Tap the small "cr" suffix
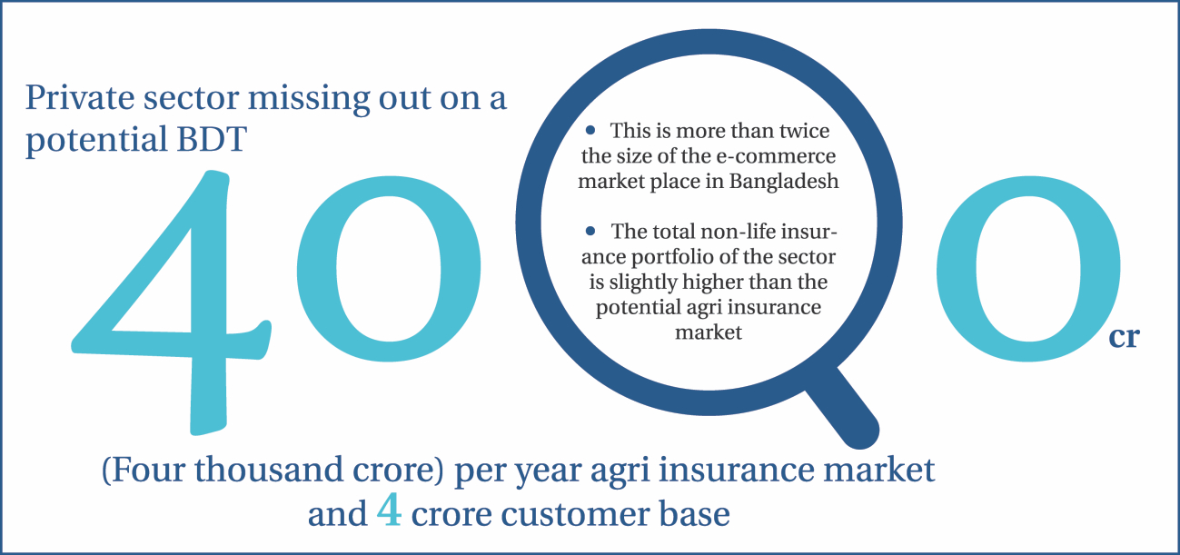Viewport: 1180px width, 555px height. [1125, 337]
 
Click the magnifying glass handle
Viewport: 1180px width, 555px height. [843, 408]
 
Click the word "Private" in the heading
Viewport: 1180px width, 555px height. [80, 97]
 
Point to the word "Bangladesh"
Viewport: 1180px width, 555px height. [784, 182]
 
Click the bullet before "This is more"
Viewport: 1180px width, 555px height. [590, 130]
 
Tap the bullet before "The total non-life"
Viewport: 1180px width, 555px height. [590, 231]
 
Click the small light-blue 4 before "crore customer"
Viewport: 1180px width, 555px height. [390, 510]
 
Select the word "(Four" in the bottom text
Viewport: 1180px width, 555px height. [144, 470]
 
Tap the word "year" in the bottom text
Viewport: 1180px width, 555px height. [548, 471]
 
